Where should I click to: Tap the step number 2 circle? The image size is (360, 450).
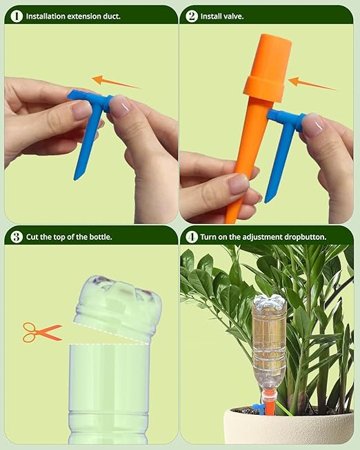(x=191, y=14)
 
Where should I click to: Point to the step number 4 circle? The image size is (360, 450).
(x=191, y=237)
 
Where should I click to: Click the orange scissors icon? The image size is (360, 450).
(x=41, y=332)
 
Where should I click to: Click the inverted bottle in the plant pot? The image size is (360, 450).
(x=268, y=345)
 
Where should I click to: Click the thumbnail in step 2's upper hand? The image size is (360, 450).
(x=311, y=125)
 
